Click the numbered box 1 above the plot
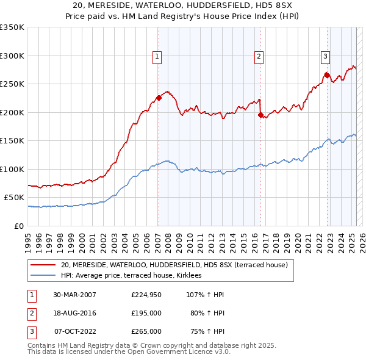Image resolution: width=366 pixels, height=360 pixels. pos(157,57)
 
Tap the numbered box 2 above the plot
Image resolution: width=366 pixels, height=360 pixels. pos(259,57)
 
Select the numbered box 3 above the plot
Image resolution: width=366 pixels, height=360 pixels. pos(325,57)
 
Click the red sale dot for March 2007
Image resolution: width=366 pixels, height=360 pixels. pos(159,98)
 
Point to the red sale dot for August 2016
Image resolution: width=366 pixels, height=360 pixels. pos(260,115)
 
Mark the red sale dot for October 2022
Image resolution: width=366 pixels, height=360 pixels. pos(327,75)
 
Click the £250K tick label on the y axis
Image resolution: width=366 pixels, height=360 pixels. pos(12,84)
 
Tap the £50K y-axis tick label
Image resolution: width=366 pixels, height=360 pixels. pos(13,198)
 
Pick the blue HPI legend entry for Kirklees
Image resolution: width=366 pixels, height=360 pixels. pos(135,276)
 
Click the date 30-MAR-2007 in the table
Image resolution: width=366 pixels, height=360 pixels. pos(74,295)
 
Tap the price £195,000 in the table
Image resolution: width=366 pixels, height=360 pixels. pos(146,313)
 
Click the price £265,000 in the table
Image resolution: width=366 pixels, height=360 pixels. pos(146,331)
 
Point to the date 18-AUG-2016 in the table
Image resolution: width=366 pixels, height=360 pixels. pos(74,313)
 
